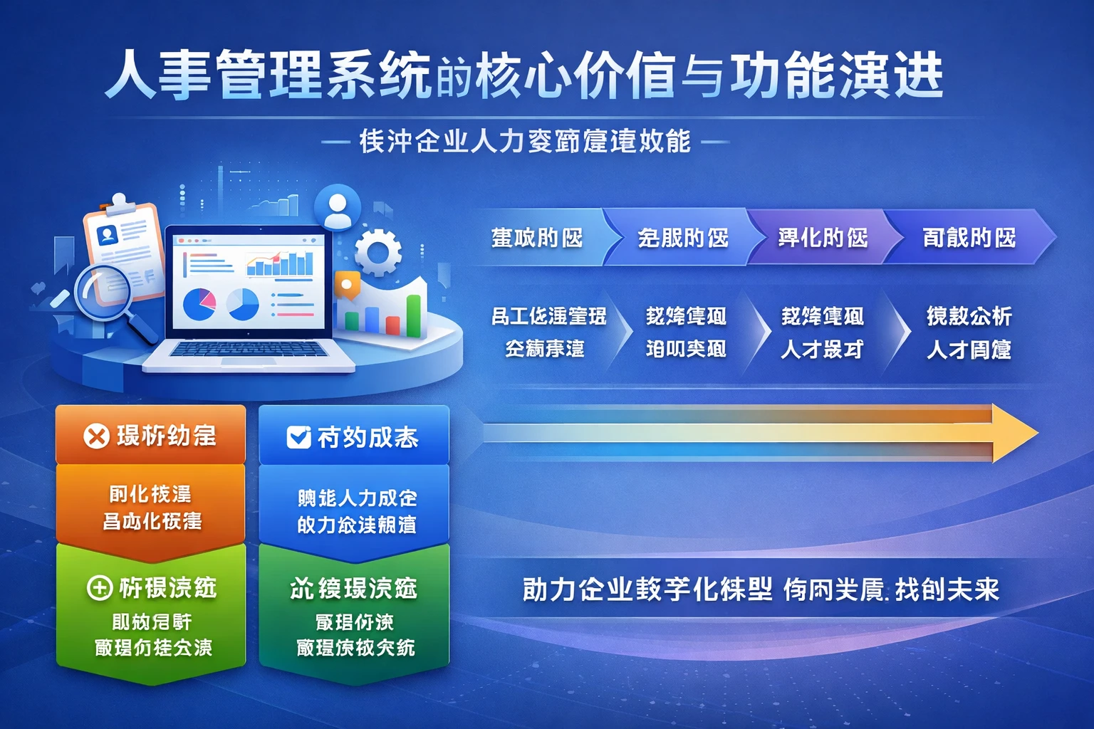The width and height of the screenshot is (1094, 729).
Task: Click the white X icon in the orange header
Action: [x=96, y=436]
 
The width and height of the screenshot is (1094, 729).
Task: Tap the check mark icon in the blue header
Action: [x=298, y=437]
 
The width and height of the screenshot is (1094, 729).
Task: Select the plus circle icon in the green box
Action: [x=99, y=588]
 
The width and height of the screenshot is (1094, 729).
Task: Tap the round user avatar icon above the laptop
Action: [x=337, y=206]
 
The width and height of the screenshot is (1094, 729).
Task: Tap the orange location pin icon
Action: [x=347, y=285]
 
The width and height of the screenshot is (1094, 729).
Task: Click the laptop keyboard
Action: [x=248, y=349]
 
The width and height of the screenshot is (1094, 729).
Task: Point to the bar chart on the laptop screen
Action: [x=280, y=263]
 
